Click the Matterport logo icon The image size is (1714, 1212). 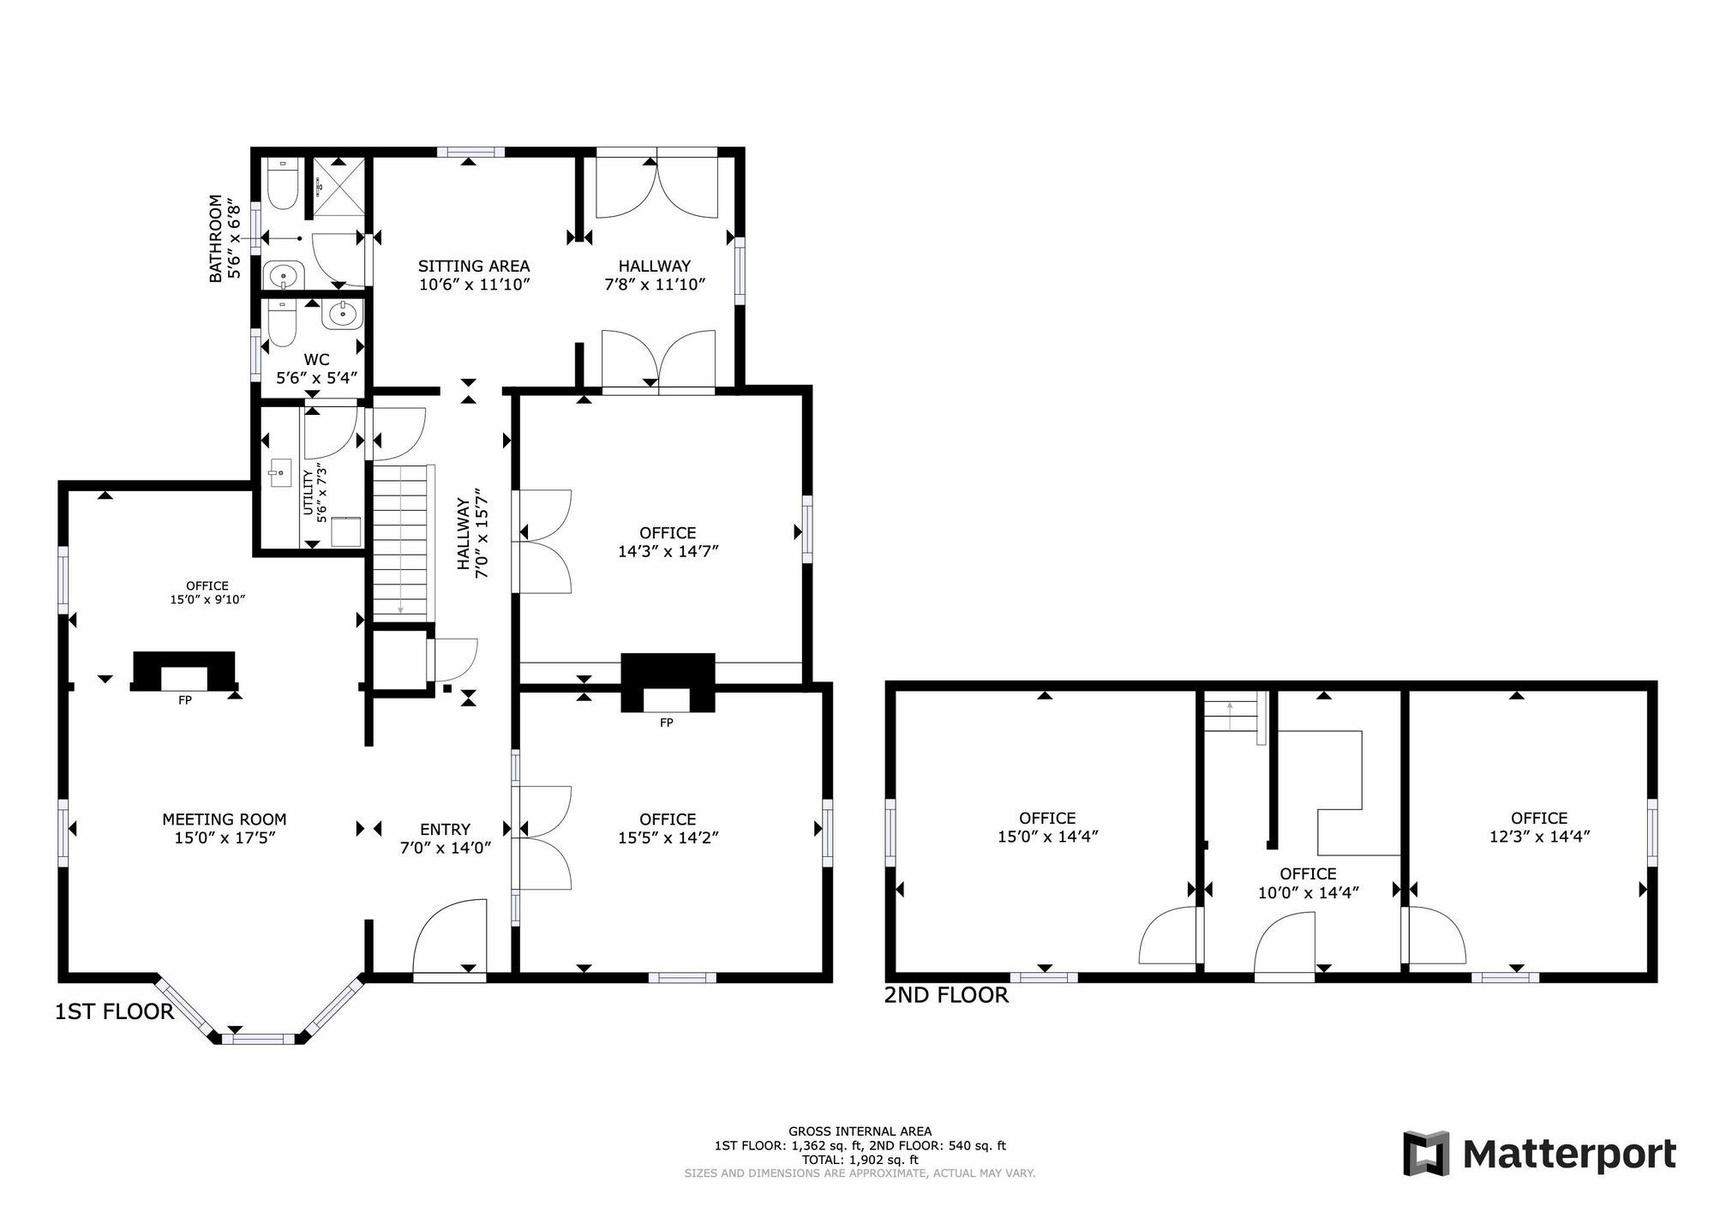(x=1426, y=1154)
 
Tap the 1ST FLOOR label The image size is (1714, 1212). (x=114, y=1011)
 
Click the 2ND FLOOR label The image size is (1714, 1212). (x=946, y=994)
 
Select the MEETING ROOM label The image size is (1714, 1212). (x=225, y=819)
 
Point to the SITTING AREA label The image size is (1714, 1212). (x=474, y=266)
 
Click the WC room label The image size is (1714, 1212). (x=316, y=359)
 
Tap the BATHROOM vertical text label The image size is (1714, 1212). (x=215, y=238)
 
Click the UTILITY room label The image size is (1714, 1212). (x=308, y=493)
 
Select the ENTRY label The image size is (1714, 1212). (x=445, y=829)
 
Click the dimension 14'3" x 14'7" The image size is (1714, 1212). (x=668, y=551)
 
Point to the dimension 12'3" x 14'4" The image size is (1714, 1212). (x=1539, y=837)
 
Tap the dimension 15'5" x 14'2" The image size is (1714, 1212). (x=668, y=837)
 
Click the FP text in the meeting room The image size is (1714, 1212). (x=184, y=700)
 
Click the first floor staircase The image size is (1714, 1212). (x=400, y=541)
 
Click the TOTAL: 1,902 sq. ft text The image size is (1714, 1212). (x=860, y=1160)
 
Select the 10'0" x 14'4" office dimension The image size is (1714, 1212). (x=1308, y=892)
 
